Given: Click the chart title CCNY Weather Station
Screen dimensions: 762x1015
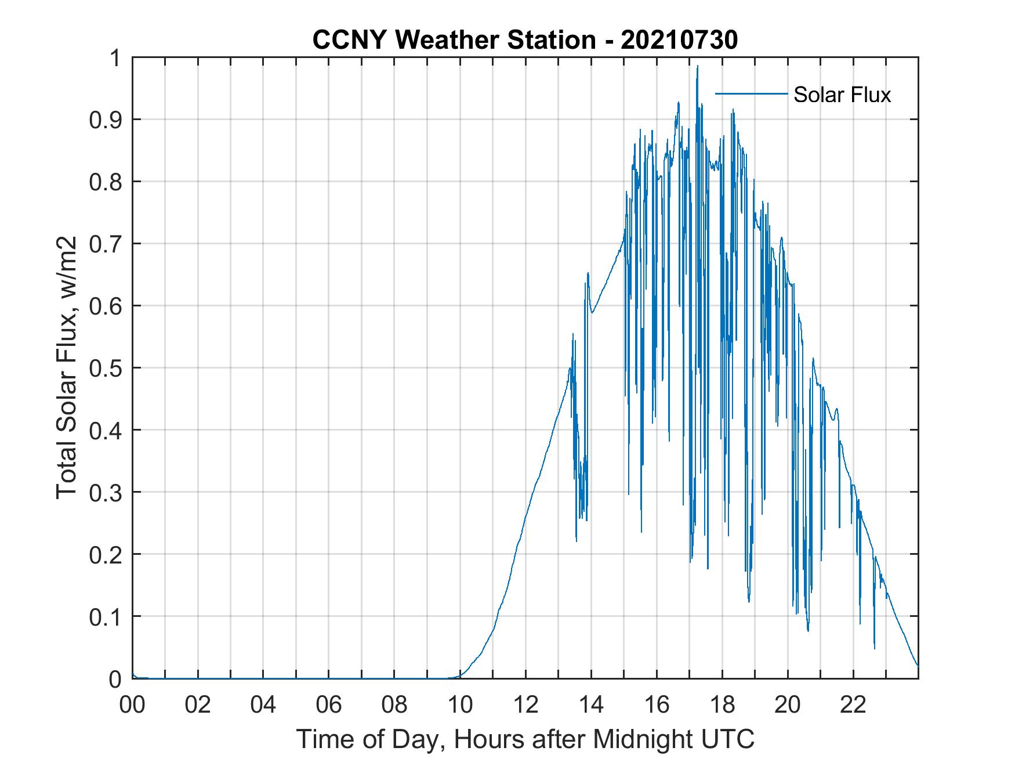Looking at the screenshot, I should [x=453, y=41].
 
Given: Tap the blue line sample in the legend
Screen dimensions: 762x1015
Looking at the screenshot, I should [x=751, y=93].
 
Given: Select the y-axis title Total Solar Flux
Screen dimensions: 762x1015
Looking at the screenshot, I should [x=67, y=367].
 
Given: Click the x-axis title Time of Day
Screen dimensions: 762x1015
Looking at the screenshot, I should [x=525, y=739].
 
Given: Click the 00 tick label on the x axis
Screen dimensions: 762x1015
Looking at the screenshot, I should [x=132, y=705].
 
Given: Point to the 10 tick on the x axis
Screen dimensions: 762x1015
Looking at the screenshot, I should [x=460, y=705].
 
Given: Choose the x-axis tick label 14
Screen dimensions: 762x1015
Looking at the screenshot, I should [x=591, y=705].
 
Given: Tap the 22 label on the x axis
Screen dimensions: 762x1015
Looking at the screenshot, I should [x=853, y=705].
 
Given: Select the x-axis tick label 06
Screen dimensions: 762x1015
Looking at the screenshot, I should [x=329, y=705].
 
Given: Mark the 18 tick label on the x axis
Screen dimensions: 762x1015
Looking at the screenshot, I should [x=722, y=705].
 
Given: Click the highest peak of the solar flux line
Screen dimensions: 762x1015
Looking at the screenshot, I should [x=697, y=66].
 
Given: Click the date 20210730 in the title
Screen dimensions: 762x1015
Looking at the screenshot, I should [x=679, y=41].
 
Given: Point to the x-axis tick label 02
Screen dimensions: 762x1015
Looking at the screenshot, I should [x=198, y=705].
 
